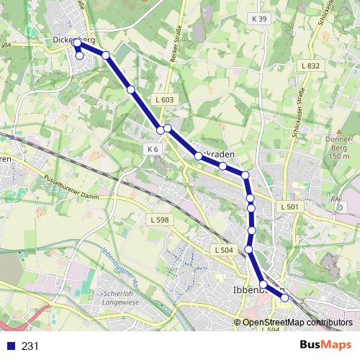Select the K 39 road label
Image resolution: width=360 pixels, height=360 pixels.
coord(260,18)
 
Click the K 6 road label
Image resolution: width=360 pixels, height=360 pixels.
coord(152,148)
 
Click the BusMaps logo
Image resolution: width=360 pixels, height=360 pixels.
coord(325,345)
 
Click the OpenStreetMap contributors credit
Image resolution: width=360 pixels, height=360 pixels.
coord(297,323)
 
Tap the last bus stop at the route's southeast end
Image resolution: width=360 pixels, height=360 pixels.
coord(284,297)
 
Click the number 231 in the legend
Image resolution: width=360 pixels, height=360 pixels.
coord(30,346)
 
